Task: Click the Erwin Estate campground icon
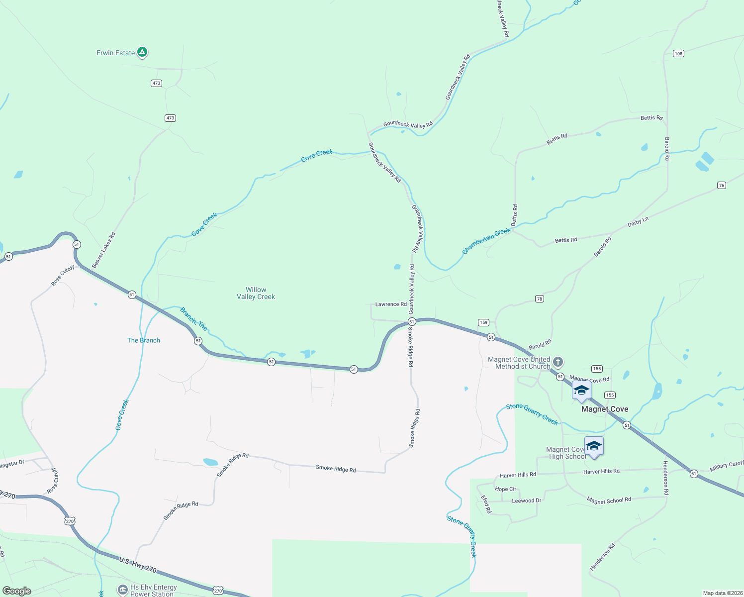pos(142,52)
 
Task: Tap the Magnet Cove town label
pos(605,409)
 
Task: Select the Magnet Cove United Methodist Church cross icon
pos(558,362)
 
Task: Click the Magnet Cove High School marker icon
pos(594,446)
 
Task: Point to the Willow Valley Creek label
pos(256,293)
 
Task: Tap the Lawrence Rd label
pos(391,304)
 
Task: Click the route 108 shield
pos(678,53)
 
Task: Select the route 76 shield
pos(722,185)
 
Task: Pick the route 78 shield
pos(540,299)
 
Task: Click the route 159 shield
pos(483,322)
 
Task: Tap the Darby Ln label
pos(638,222)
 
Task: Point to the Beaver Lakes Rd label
pos(104,250)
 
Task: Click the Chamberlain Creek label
pos(486,241)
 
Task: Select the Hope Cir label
pos(505,489)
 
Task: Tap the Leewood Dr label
pos(526,500)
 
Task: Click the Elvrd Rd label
pos(486,504)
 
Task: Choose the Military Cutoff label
pos(727,466)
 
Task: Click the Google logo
pos(17,591)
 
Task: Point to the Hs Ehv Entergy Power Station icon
pos(123,590)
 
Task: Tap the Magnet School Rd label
pos(609,500)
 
